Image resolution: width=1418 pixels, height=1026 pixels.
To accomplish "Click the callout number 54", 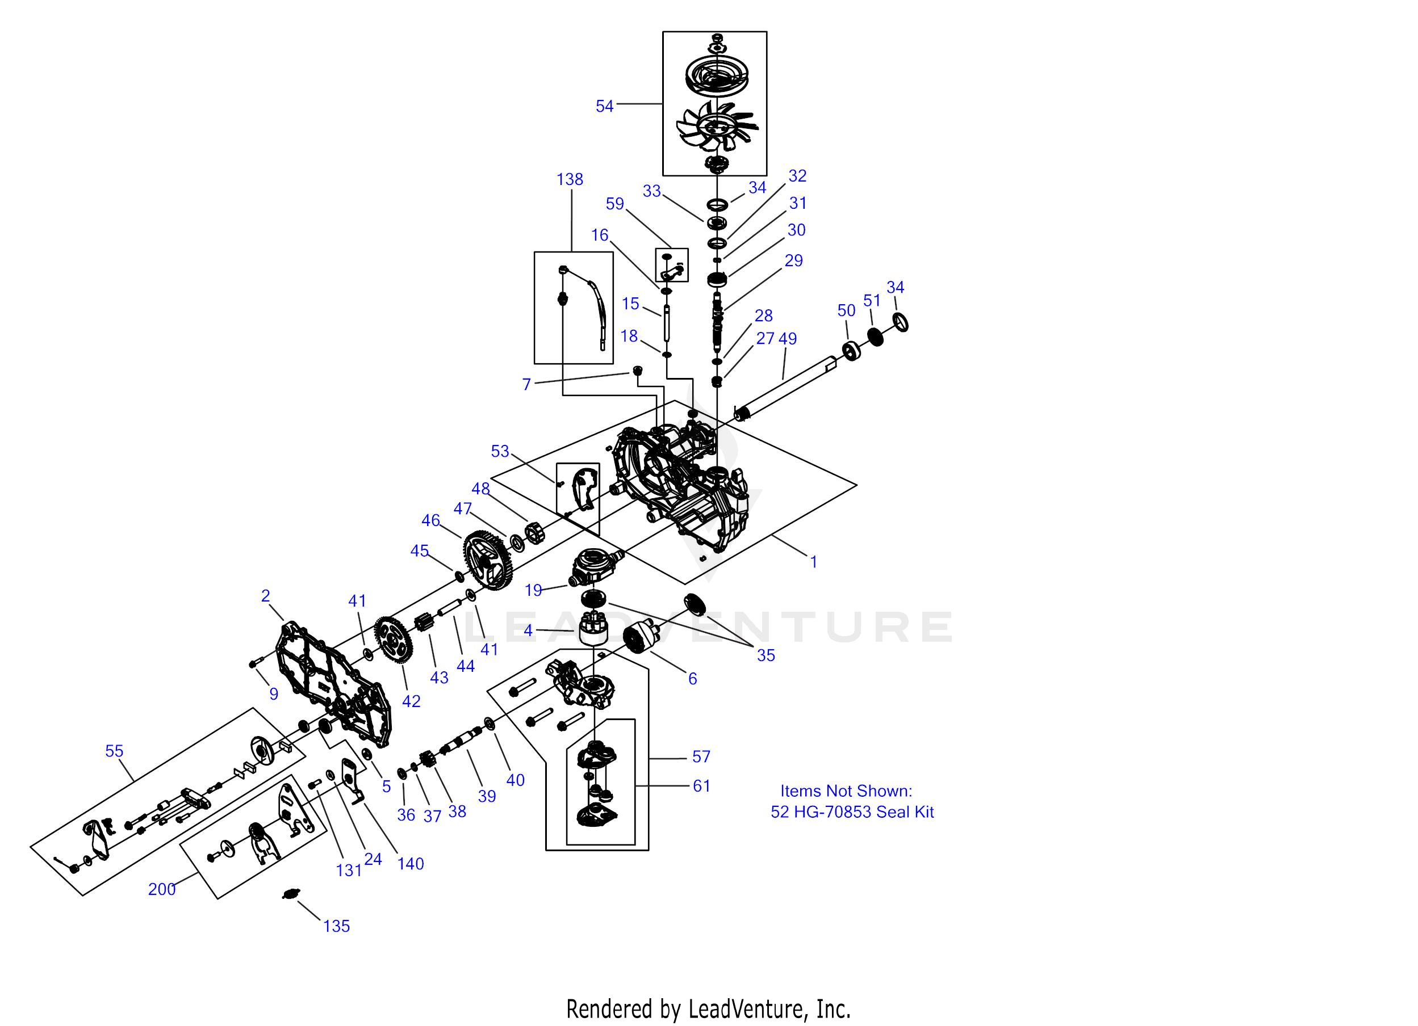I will click(x=604, y=107).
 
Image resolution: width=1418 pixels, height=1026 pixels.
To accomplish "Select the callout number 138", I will click(x=570, y=180).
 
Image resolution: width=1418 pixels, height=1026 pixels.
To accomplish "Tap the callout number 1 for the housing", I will click(x=813, y=562).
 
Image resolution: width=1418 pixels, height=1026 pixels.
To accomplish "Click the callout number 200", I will click(x=161, y=889).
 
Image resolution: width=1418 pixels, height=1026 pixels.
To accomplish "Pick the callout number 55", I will click(x=114, y=751).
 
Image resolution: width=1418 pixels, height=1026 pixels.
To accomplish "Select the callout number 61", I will click(x=701, y=786).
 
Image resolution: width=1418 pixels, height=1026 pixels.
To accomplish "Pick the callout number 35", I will click(x=766, y=655).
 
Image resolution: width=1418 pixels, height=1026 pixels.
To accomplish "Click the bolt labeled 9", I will click(x=254, y=662).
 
